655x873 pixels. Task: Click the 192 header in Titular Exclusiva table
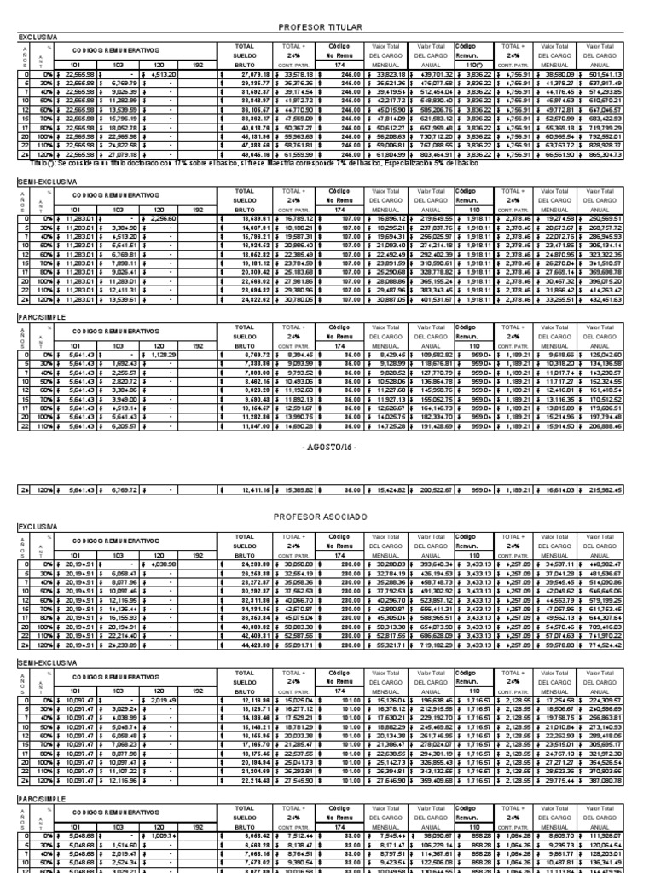click(198, 66)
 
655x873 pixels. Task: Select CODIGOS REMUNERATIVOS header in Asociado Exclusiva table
click(101, 542)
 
